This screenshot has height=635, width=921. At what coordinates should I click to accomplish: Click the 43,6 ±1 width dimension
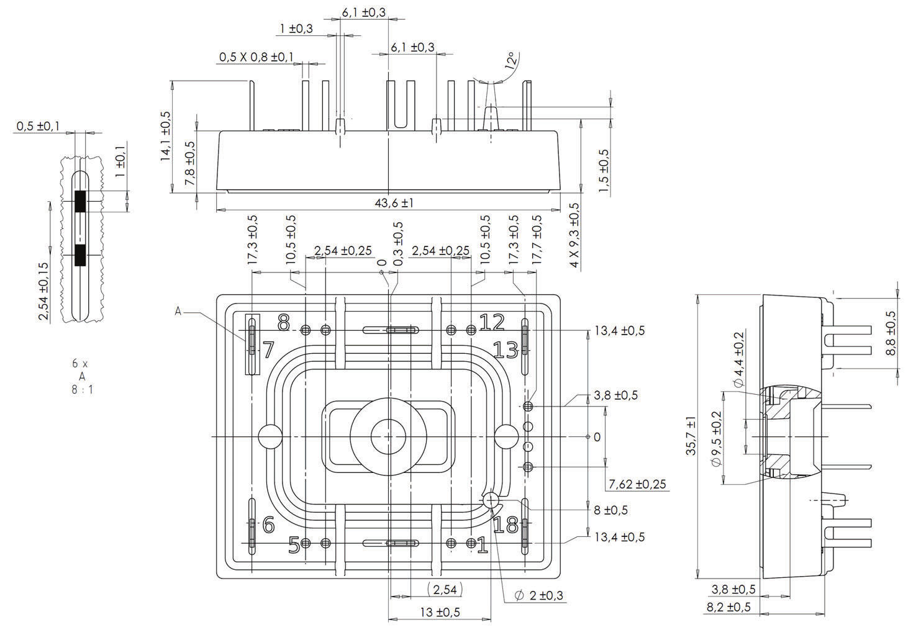pyautogui.click(x=393, y=203)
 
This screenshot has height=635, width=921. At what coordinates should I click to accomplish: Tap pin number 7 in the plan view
pyautogui.click(x=268, y=350)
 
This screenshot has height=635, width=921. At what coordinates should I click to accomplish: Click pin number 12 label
pyautogui.click(x=492, y=322)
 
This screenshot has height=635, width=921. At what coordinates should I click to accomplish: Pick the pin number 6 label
pyautogui.click(x=268, y=525)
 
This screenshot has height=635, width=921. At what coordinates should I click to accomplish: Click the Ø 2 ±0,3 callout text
pyautogui.click(x=539, y=596)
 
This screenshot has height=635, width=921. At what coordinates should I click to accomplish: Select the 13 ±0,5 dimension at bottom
pyautogui.click(x=440, y=613)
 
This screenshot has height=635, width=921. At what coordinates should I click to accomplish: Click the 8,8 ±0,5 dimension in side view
pyautogui.click(x=891, y=333)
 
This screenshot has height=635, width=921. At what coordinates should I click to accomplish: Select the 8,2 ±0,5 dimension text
pyautogui.click(x=728, y=607)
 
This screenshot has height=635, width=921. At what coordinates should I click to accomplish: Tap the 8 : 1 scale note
pyautogui.click(x=83, y=390)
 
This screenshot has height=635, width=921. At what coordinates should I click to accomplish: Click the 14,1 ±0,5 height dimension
pyautogui.click(x=166, y=137)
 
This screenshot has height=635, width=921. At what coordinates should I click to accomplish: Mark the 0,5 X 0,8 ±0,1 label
pyautogui.click(x=256, y=57)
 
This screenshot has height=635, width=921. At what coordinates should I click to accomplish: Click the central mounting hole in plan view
pyautogui.click(x=388, y=436)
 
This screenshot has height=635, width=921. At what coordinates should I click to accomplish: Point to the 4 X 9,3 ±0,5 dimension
pyautogui.click(x=574, y=235)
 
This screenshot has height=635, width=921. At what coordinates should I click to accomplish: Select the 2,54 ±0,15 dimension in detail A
pyautogui.click(x=43, y=291)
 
